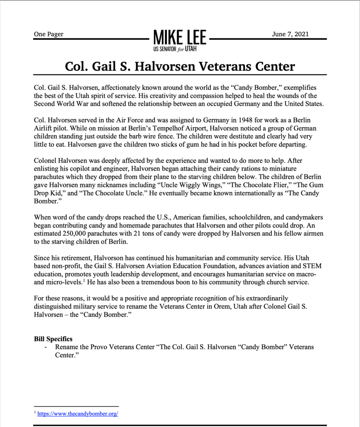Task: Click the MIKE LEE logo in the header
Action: click(180, 37)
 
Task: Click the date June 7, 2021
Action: click(290, 34)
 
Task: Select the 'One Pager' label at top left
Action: click(48, 34)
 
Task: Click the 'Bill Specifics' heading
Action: click(53, 339)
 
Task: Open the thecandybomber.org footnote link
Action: click(78, 413)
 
